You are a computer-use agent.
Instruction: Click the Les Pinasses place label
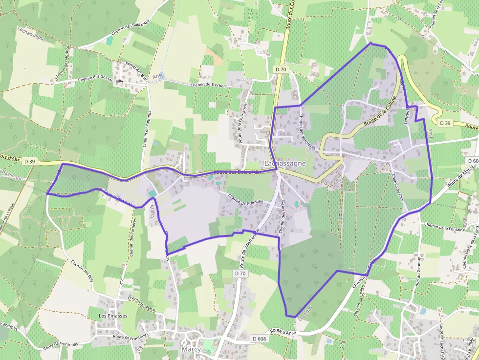pyautogui.click(x=113, y=316)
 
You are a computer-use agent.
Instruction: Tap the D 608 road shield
pyautogui.click(x=260, y=338)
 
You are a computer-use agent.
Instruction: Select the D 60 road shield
pyautogui.click(x=472, y=161)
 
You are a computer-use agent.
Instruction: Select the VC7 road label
pyautogui.click(x=122, y=285)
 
